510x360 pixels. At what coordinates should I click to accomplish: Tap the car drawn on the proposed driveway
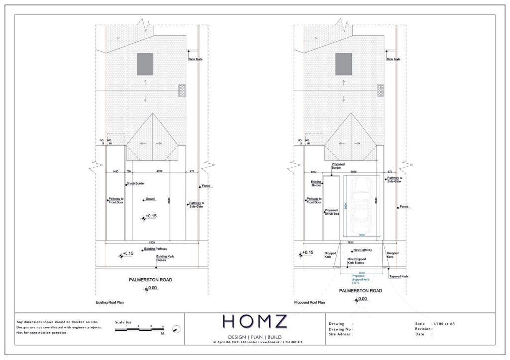click(x=360, y=204)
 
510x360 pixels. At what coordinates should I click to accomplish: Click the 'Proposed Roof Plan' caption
click(x=309, y=302)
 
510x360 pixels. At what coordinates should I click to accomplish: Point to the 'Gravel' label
click(x=151, y=199)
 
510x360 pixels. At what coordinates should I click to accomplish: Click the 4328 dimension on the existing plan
click(x=159, y=172)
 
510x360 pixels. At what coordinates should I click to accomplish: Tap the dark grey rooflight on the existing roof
click(x=145, y=64)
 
